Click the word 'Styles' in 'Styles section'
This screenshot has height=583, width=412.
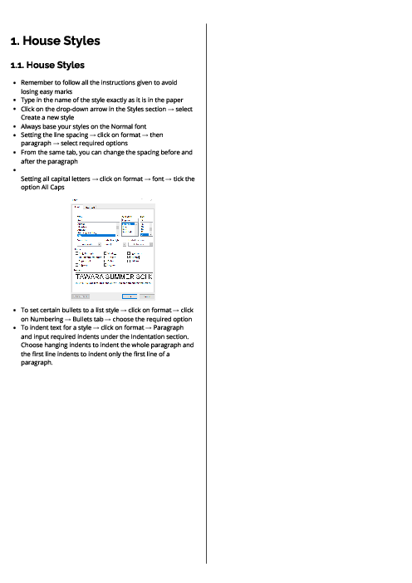tap(149, 109)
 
